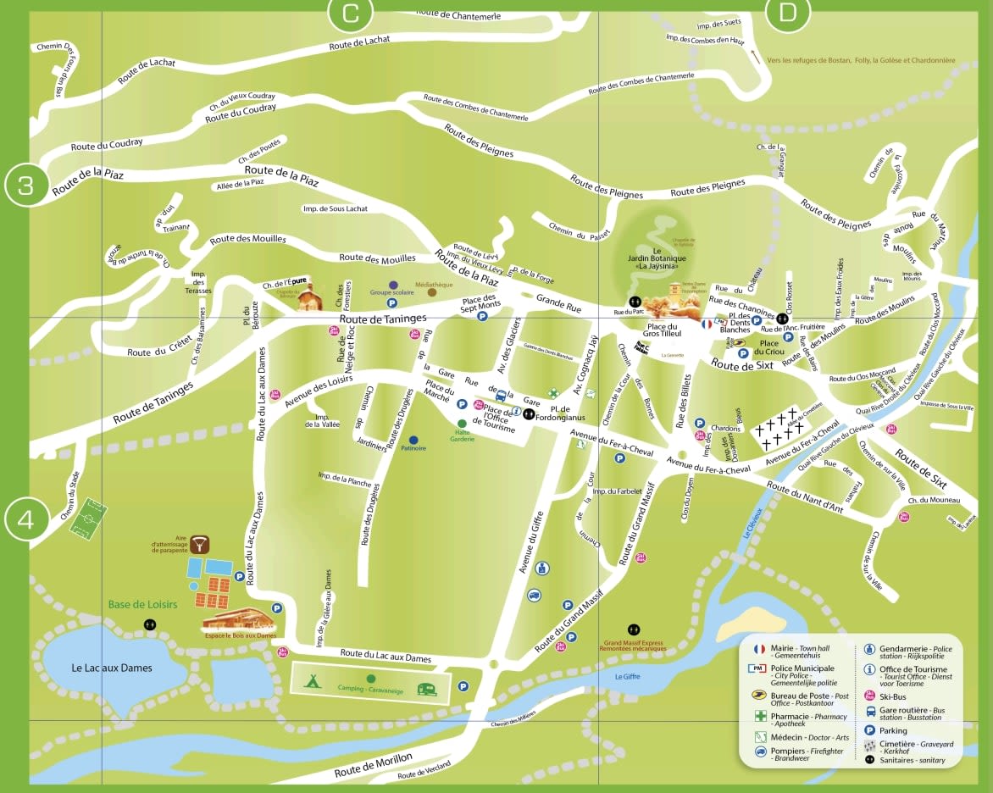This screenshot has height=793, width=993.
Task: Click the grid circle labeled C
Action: tap(351, 12)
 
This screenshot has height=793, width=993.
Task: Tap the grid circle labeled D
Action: tap(788, 12)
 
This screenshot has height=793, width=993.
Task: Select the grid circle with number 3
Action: tap(26, 185)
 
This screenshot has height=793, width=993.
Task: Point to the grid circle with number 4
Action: tap(26, 518)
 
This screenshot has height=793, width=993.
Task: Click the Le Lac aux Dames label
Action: tap(111, 668)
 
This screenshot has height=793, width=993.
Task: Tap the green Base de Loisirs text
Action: tap(142, 604)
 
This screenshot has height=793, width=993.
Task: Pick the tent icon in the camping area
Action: tap(312, 679)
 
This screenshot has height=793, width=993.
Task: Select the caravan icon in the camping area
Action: tap(427, 688)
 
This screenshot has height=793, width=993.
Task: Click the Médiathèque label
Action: tap(434, 285)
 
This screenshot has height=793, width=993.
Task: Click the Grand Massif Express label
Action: tap(634, 644)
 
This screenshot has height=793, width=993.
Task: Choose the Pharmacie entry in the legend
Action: tap(796, 717)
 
